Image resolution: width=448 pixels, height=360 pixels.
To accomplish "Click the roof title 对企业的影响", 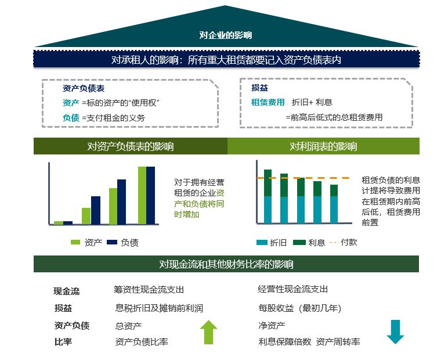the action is [x=226, y=35].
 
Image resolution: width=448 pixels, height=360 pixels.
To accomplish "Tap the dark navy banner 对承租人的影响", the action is [x=226, y=60].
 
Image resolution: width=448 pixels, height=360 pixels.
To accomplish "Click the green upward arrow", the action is [x=208, y=332].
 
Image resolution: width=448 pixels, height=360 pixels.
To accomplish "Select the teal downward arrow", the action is [x=395, y=332].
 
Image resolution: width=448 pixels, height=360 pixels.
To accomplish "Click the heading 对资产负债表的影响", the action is [x=131, y=146].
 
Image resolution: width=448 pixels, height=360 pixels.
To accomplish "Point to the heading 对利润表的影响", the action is [x=323, y=146].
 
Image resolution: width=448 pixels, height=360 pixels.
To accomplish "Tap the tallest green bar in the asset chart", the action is [x=142, y=195].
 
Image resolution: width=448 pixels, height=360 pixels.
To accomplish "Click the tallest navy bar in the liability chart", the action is [x=151, y=195].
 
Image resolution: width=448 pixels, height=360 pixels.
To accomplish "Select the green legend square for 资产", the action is [x=75, y=242].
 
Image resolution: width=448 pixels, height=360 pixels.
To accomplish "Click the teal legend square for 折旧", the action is [x=262, y=242].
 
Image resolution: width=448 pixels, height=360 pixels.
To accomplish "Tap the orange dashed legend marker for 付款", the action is [x=334, y=242].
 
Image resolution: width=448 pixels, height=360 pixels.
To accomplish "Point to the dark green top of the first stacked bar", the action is [x=268, y=182].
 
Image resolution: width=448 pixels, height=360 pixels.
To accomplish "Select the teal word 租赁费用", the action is [x=268, y=102].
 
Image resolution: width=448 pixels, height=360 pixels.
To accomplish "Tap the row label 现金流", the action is [x=66, y=291].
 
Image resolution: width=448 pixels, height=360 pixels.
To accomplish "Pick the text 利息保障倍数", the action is [x=285, y=342].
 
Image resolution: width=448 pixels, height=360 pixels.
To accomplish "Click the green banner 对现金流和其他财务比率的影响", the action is [x=226, y=264].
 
